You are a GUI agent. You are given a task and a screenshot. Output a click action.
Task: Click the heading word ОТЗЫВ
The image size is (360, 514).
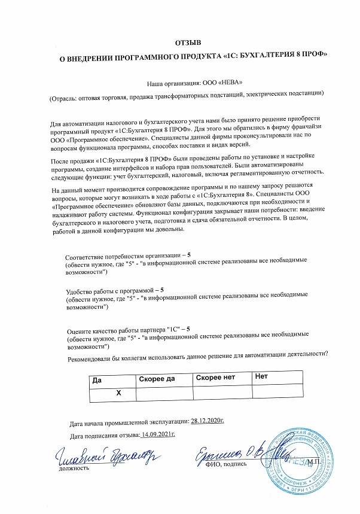pos(188,42)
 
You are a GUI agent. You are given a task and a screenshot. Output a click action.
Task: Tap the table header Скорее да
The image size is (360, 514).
pos(156,379)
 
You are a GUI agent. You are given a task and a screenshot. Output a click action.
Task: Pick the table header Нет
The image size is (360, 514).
pos(261,377)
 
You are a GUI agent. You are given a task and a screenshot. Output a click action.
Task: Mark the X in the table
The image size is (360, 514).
pos(118,393)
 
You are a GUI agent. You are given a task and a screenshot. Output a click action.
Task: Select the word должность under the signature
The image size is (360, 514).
pos(74,469)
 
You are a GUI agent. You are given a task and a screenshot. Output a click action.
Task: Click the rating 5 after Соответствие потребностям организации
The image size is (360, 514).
pos(189,256)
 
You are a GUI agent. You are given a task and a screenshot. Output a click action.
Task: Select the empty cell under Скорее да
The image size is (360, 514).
pos(164,393)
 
